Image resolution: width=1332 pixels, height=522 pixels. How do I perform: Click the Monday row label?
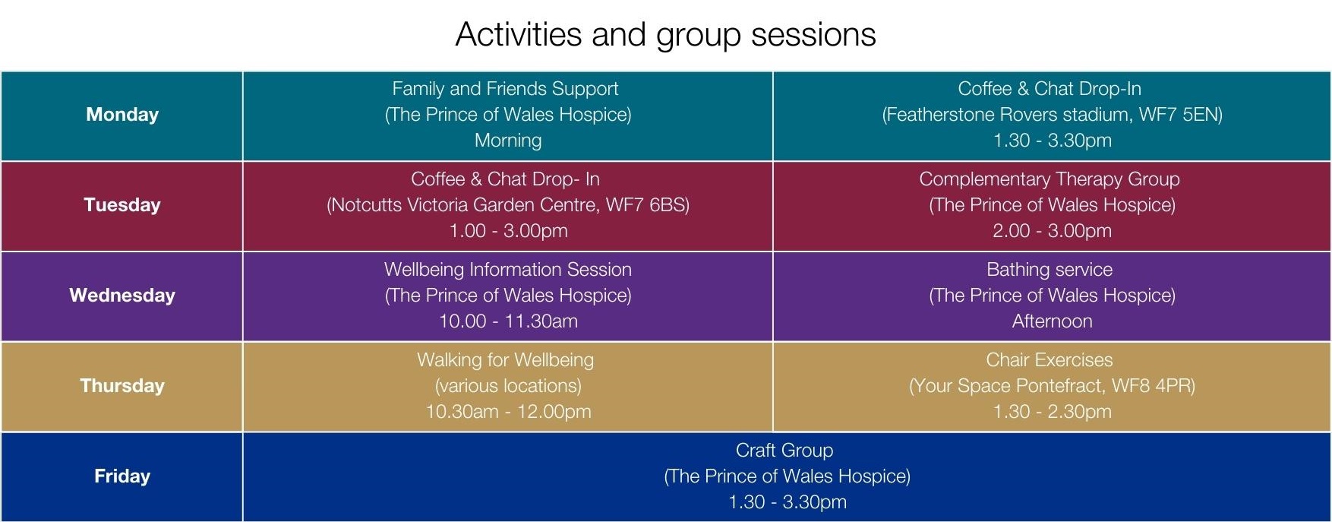122,115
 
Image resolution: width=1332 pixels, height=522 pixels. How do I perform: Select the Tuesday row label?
122,205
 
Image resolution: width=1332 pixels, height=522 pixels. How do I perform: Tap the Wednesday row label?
122,296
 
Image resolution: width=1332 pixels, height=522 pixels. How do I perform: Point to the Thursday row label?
122,386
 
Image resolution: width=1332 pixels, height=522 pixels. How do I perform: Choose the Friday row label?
122,476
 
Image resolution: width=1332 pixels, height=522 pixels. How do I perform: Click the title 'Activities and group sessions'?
665,35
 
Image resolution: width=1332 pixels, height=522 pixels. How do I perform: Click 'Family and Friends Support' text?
505,89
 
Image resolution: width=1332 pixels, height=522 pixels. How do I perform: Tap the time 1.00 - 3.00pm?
509,231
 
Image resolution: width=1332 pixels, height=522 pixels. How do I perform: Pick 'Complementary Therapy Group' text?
1050,179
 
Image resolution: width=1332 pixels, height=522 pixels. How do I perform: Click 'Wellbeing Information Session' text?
508,270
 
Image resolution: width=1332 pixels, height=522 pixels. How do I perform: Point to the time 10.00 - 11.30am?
509,321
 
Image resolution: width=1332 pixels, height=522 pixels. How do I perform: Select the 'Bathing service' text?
1050,270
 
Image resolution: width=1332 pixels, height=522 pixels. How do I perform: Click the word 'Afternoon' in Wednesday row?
1053,321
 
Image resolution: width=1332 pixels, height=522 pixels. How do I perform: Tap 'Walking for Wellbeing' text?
505,360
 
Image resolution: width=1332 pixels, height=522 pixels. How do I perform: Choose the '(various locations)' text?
508,386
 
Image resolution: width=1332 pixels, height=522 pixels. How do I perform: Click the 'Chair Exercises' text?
1050,360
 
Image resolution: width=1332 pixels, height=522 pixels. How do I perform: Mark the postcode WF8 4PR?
1150,386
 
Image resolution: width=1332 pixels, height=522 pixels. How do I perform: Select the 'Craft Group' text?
784,451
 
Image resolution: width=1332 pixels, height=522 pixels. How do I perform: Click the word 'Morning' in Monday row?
508,141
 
